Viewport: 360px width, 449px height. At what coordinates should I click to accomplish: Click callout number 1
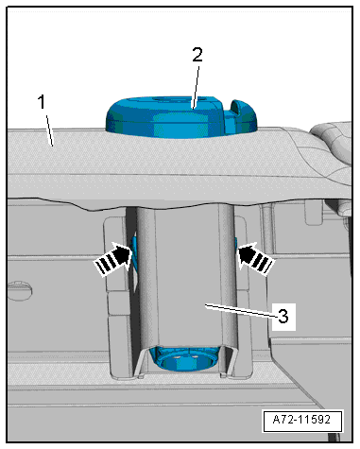tap(42, 102)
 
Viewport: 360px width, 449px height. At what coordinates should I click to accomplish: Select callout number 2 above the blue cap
tap(197, 55)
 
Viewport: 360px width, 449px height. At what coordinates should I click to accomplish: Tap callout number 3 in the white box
tap(283, 316)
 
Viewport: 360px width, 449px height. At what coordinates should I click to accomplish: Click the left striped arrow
tap(112, 259)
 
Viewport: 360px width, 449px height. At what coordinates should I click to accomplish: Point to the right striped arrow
tap(256, 259)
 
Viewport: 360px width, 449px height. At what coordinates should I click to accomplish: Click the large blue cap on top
tap(181, 117)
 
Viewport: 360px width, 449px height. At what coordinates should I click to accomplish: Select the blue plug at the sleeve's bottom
tap(184, 358)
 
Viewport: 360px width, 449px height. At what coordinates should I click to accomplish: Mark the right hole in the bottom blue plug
tap(196, 356)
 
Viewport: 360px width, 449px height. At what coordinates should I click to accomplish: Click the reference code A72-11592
tap(301, 420)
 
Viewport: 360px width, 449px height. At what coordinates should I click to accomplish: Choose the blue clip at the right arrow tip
tap(235, 246)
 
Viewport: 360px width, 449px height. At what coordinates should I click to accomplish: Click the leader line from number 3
tap(241, 309)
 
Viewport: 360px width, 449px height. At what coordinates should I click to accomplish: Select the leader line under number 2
tap(196, 87)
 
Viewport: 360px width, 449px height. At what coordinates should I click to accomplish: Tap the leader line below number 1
tap(50, 130)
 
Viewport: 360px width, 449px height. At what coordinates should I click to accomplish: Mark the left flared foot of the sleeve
tap(141, 361)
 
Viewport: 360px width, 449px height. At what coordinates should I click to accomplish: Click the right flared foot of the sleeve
tap(229, 361)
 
